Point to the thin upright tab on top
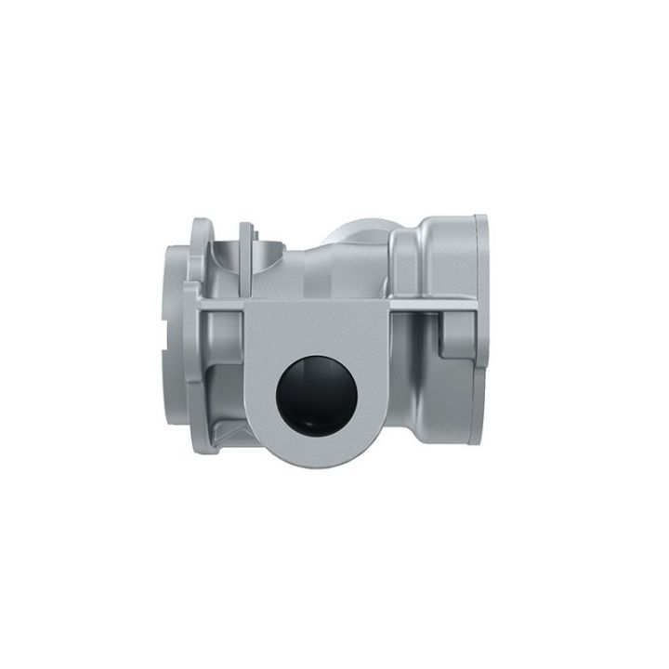point(245,243)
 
